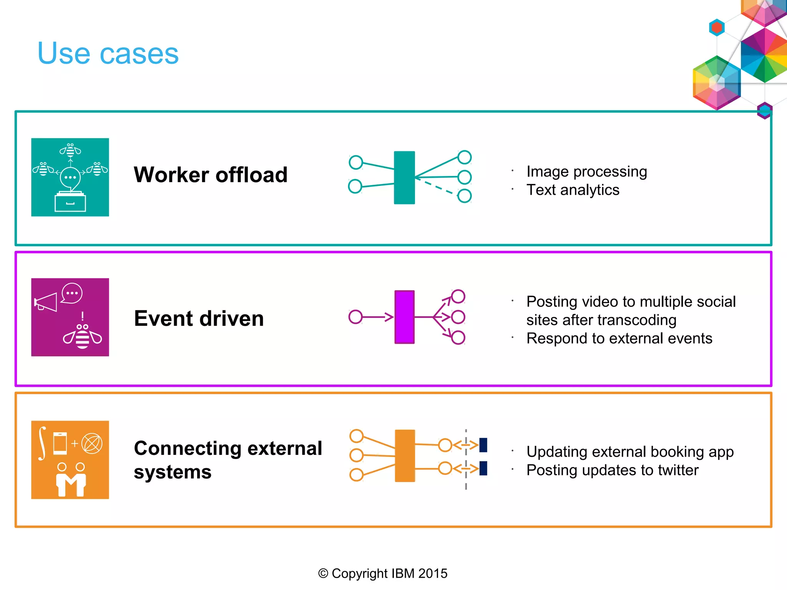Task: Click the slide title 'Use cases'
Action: click(108, 53)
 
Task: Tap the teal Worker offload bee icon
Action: click(70, 177)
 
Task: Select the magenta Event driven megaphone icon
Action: click(70, 317)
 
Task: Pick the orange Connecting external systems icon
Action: click(70, 460)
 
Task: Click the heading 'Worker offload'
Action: click(211, 175)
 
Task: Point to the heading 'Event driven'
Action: click(199, 318)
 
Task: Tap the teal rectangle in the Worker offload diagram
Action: click(404, 177)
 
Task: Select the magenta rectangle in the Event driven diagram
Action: click(404, 317)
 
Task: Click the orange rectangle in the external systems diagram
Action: click(405, 456)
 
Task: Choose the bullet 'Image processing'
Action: click(586, 171)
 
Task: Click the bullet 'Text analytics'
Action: click(573, 190)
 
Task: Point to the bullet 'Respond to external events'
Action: click(619, 338)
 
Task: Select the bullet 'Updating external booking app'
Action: click(630, 452)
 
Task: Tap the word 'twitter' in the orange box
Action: click(678, 470)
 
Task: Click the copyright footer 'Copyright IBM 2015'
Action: click(383, 573)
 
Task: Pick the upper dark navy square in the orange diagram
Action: click(483, 445)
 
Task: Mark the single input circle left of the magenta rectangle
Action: click(355, 317)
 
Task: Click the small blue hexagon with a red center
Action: click(717, 28)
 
